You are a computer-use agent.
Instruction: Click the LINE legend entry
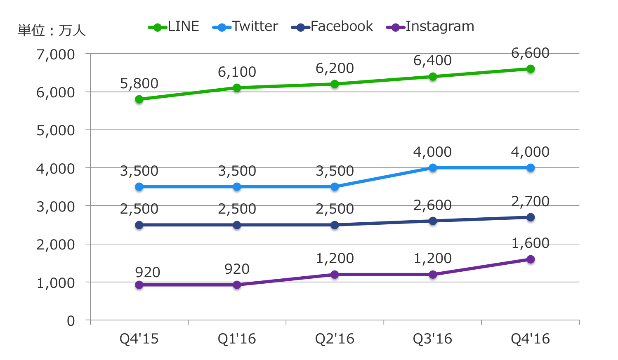click(174, 27)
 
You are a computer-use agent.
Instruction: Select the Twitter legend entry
click(245, 27)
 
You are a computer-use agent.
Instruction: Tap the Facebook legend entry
click(332, 27)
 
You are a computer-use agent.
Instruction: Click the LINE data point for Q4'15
click(139, 99)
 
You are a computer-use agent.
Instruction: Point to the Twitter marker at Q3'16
click(433, 168)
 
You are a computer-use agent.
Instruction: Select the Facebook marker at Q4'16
click(531, 217)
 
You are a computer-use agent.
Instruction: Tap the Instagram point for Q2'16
click(335, 275)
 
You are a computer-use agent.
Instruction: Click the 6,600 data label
click(530, 53)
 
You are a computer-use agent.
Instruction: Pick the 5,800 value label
click(139, 84)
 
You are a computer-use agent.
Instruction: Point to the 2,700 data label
click(530, 202)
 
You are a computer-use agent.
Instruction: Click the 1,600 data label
click(530, 243)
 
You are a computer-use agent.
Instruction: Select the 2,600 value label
click(432, 205)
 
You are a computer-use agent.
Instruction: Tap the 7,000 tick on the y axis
click(56, 54)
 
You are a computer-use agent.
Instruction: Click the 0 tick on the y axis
click(71, 321)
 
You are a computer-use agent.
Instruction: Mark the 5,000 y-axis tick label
click(56, 131)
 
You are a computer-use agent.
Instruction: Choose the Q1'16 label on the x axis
click(237, 339)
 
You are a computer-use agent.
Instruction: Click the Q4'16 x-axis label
click(530, 339)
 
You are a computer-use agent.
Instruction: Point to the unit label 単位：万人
click(52, 31)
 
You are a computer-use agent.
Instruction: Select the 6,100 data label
click(237, 72)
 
